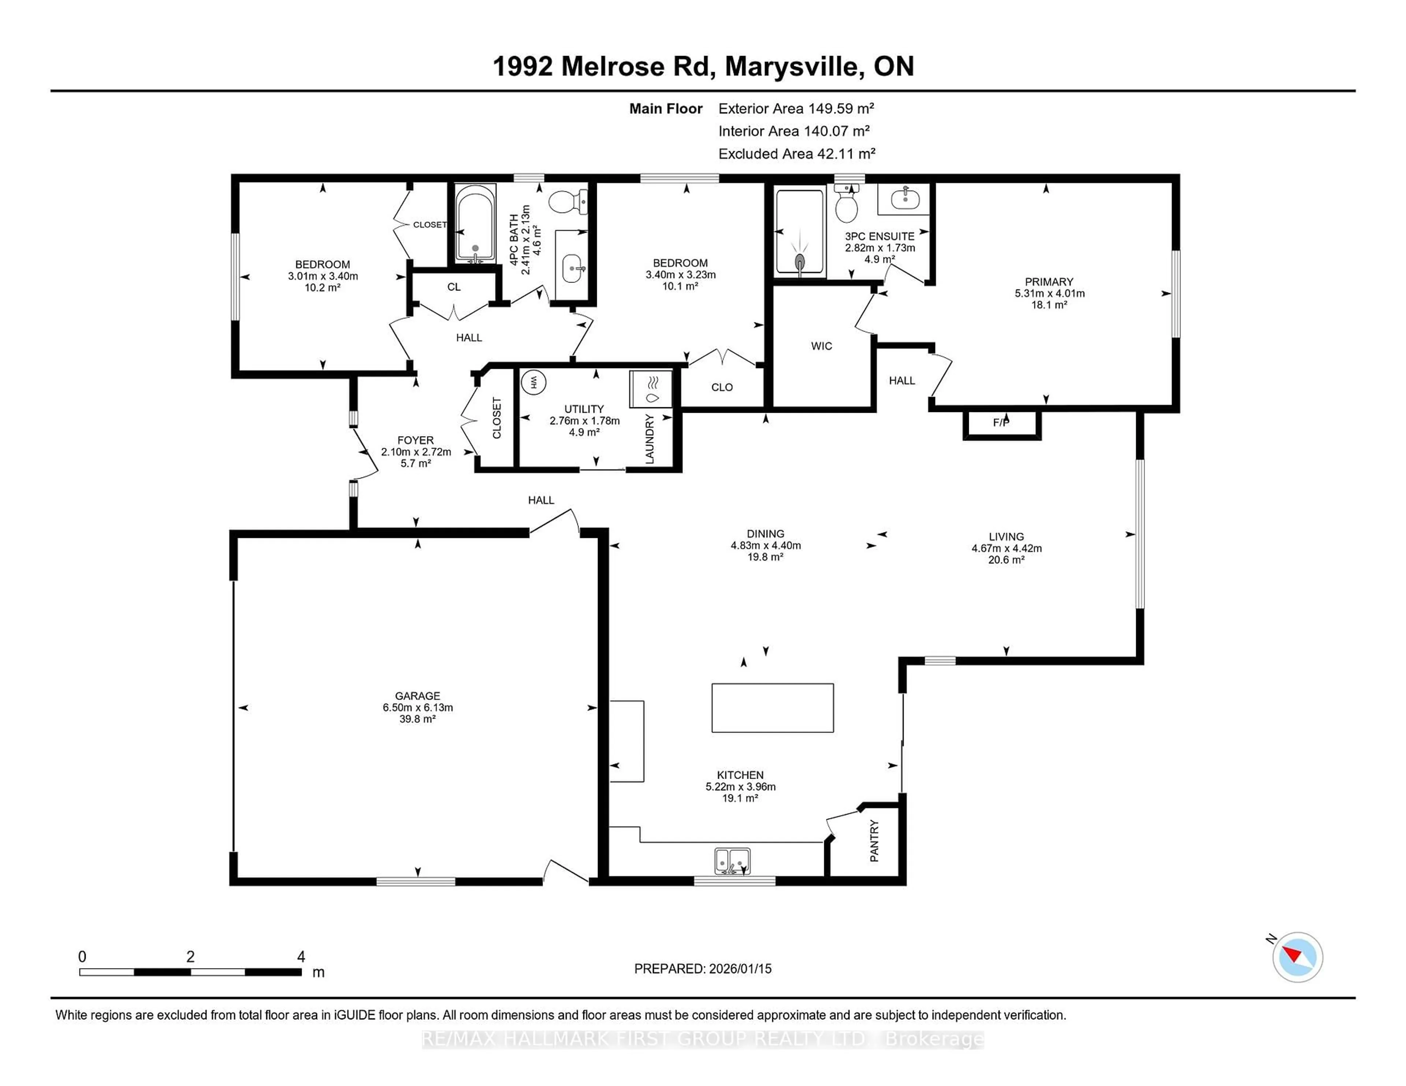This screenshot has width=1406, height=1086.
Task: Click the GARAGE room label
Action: pos(417,696)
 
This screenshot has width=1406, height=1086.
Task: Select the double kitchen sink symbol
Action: pos(732,861)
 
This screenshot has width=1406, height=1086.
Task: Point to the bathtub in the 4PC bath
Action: pos(475,222)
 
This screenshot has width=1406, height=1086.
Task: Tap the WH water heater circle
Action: pos(533,382)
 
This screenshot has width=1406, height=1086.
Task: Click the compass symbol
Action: pos(1297,957)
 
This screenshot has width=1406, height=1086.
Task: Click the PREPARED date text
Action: pos(702,968)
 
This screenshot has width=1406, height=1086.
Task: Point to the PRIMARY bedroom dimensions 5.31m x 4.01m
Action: pos(1049,293)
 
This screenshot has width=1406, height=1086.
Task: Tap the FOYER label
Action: pos(415,440)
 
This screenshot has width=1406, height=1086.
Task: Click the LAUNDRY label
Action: pos(650,439)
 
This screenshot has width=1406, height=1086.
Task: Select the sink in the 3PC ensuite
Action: pos(904,199)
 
